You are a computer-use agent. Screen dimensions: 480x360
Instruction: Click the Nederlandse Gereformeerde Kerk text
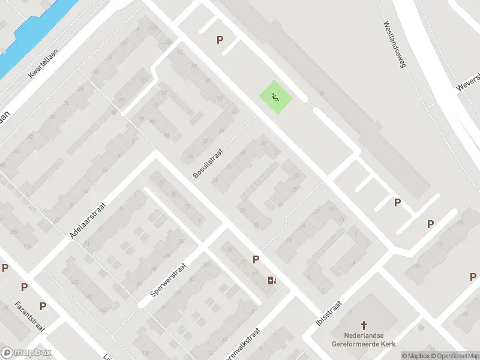tap(363, 340)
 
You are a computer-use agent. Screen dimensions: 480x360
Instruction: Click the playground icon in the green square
tap(275, 97)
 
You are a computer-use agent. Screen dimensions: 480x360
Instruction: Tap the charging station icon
tap(272, 280)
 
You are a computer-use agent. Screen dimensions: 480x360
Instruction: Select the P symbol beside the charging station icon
tap(256, 260)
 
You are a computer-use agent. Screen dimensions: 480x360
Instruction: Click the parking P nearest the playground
tap(220, 40)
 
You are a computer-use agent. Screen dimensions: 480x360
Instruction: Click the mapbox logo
tap(26, 352)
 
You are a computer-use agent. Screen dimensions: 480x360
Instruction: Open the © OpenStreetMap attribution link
tap(454, 356)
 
